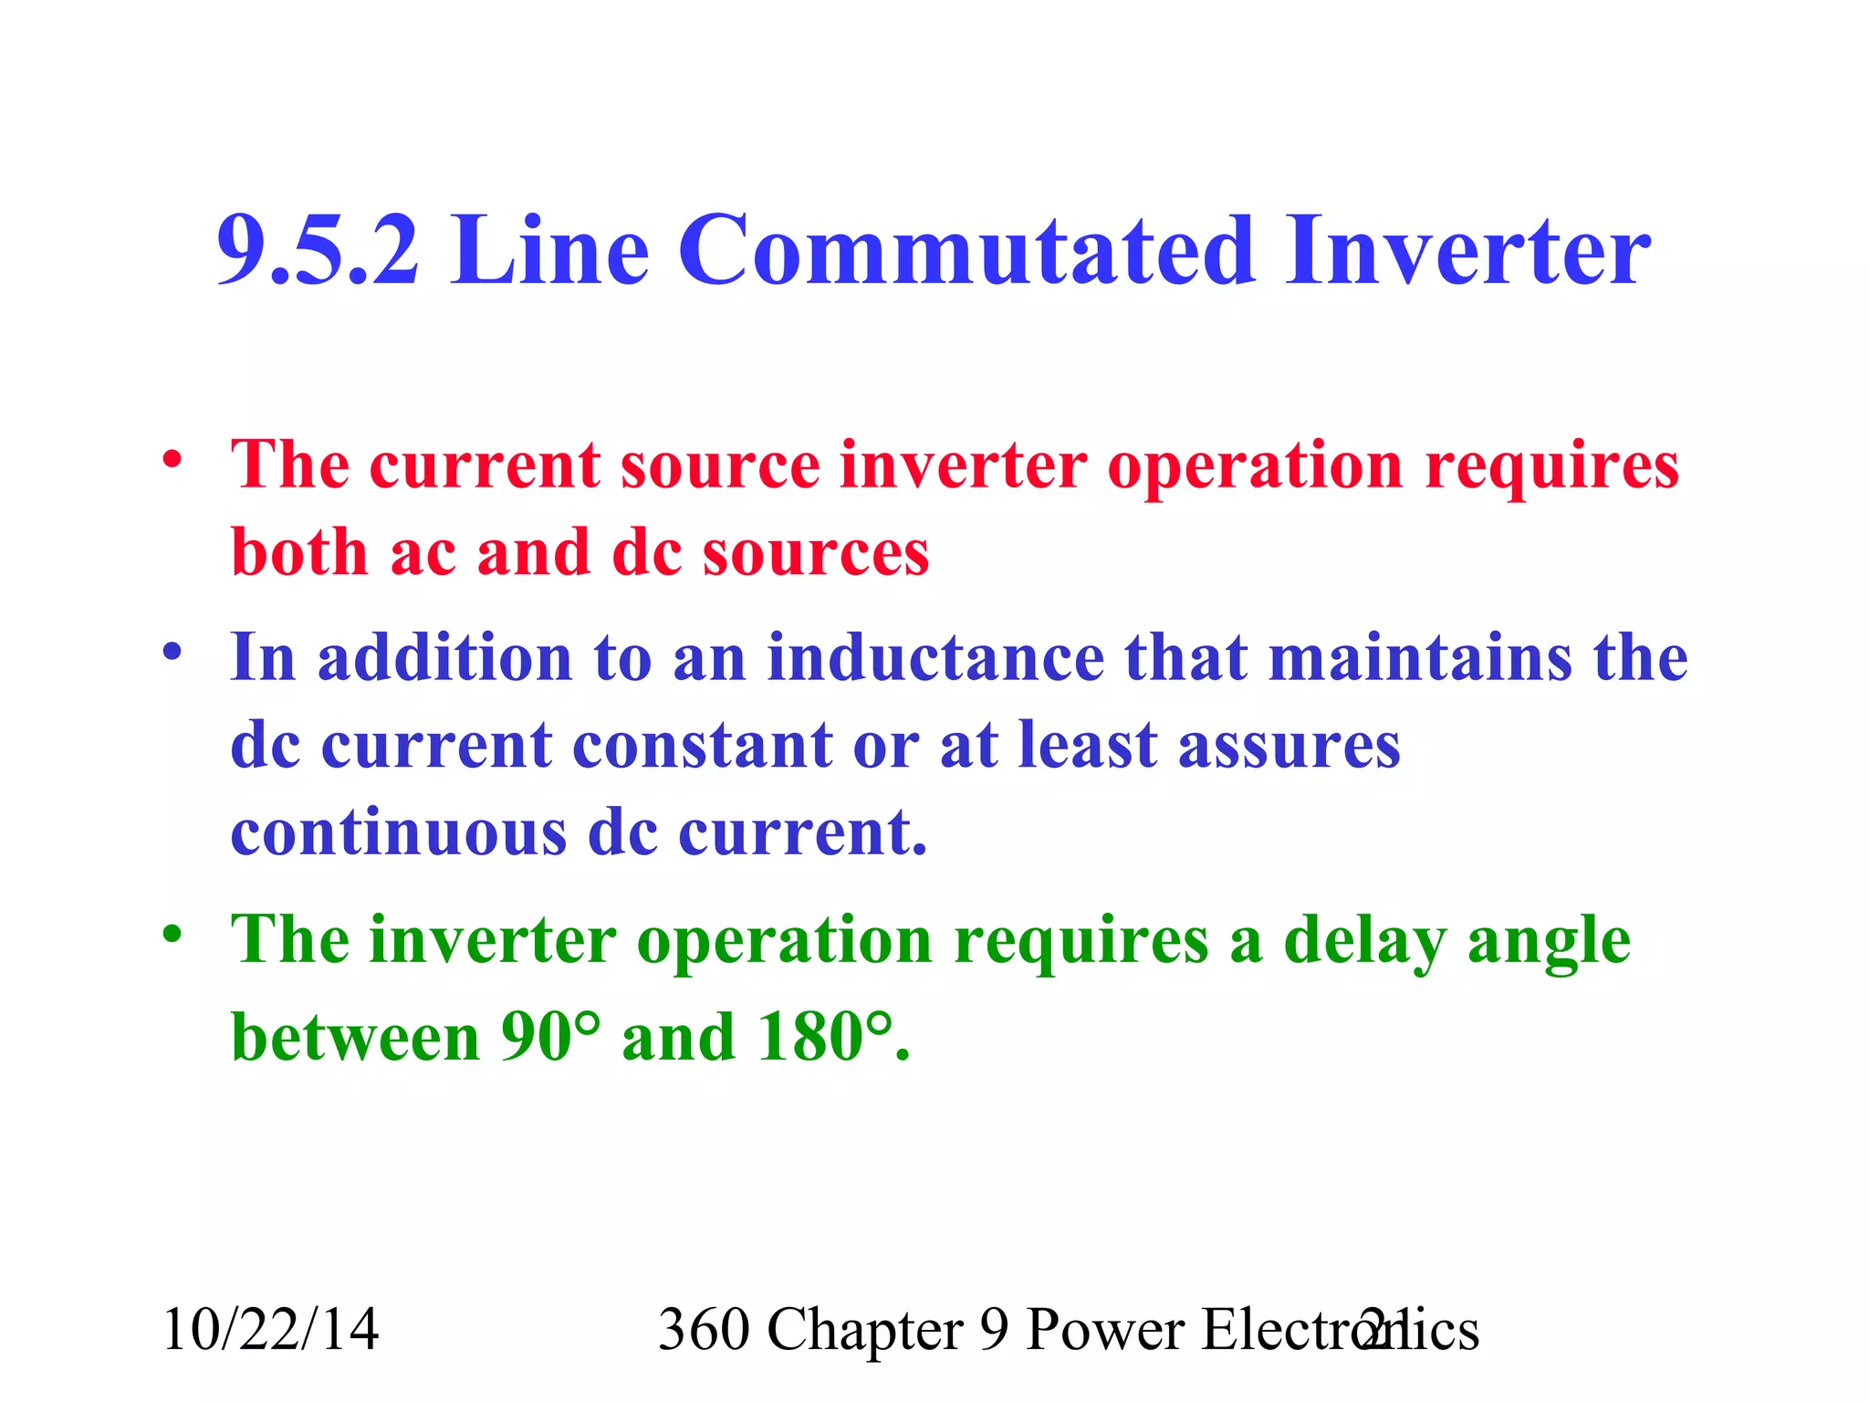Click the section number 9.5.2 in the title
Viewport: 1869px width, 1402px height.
click(x=318, y=250)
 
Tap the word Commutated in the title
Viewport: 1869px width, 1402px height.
click(x=966, y=250)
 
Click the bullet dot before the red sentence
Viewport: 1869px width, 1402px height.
click(x=172, y=459)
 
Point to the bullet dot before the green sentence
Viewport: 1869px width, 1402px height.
click(x=172, y=935)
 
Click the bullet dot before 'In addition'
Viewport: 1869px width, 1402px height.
click(x=172, y=652)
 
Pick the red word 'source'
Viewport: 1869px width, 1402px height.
click(x=721, y=466)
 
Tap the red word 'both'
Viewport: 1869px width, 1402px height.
click(x=299, y=553)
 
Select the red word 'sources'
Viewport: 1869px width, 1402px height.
click(x=816, y=555)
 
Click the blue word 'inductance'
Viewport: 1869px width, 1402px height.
click(x=934, y=657)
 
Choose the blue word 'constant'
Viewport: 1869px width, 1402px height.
click(x=701, y=745)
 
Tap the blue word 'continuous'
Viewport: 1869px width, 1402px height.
click(x=398, y=832)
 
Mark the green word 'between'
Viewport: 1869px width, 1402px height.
click(x=356, y=1037)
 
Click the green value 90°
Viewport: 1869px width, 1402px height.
click(x=551, y=1037)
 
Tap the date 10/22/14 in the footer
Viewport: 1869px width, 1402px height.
click(x=270, y=1329)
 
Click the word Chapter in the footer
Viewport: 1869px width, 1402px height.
click(x=865, y=1329)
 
